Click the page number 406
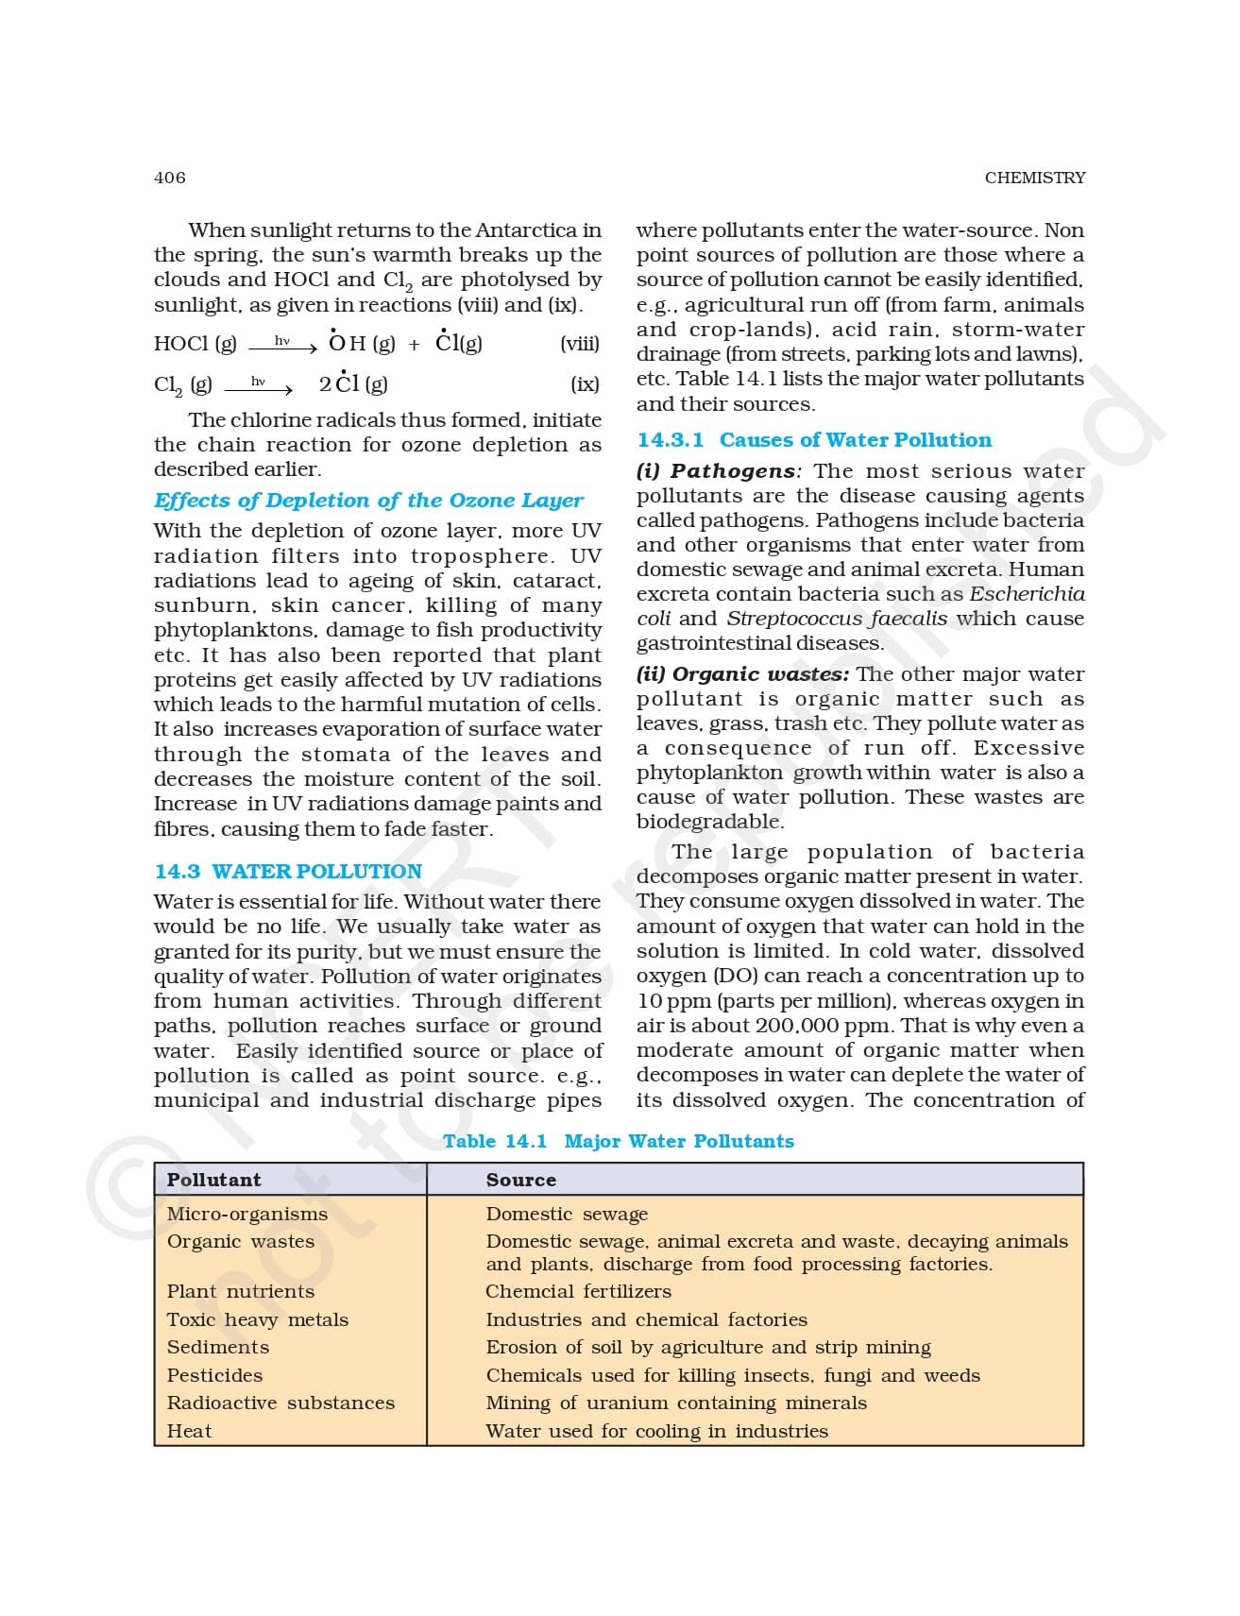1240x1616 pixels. tap(170, 178)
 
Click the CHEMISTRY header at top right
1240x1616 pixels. tap(1034, 178)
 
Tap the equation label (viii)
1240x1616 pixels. tap(579, 344)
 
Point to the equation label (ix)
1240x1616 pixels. tap(585, 384)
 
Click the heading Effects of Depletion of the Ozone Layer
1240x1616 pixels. tap(368, 501)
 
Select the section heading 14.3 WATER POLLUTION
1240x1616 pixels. tap(288, 872)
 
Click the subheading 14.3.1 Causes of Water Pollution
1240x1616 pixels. tap(814, 440)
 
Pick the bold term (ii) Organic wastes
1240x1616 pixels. tap(742, 674)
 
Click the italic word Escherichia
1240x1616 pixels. tap(1027, 594)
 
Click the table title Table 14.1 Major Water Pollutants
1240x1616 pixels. tap(619, 1141)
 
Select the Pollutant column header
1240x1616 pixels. tap(213, 1180)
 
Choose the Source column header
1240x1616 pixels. tap(520, 1180)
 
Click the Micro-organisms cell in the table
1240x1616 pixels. tap(246, 1214)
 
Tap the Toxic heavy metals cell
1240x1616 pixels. tap(257, 1319)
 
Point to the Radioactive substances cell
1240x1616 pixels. tap(280, 1403)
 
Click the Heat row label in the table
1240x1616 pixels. tap(189, 1431)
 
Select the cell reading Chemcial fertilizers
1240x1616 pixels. tap(578, 1291)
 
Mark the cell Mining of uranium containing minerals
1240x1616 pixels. tap(675, 1403)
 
